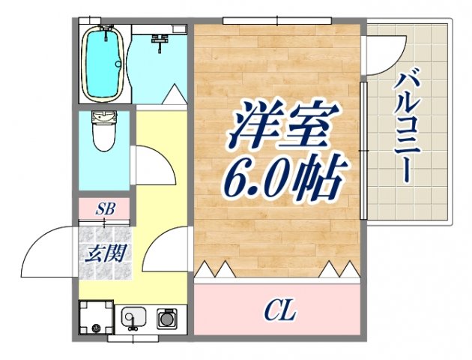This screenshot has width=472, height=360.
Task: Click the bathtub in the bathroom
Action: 103,64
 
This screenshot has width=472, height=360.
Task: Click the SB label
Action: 105,209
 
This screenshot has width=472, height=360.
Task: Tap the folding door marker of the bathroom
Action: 173,95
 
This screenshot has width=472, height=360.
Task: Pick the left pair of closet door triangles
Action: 215,268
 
